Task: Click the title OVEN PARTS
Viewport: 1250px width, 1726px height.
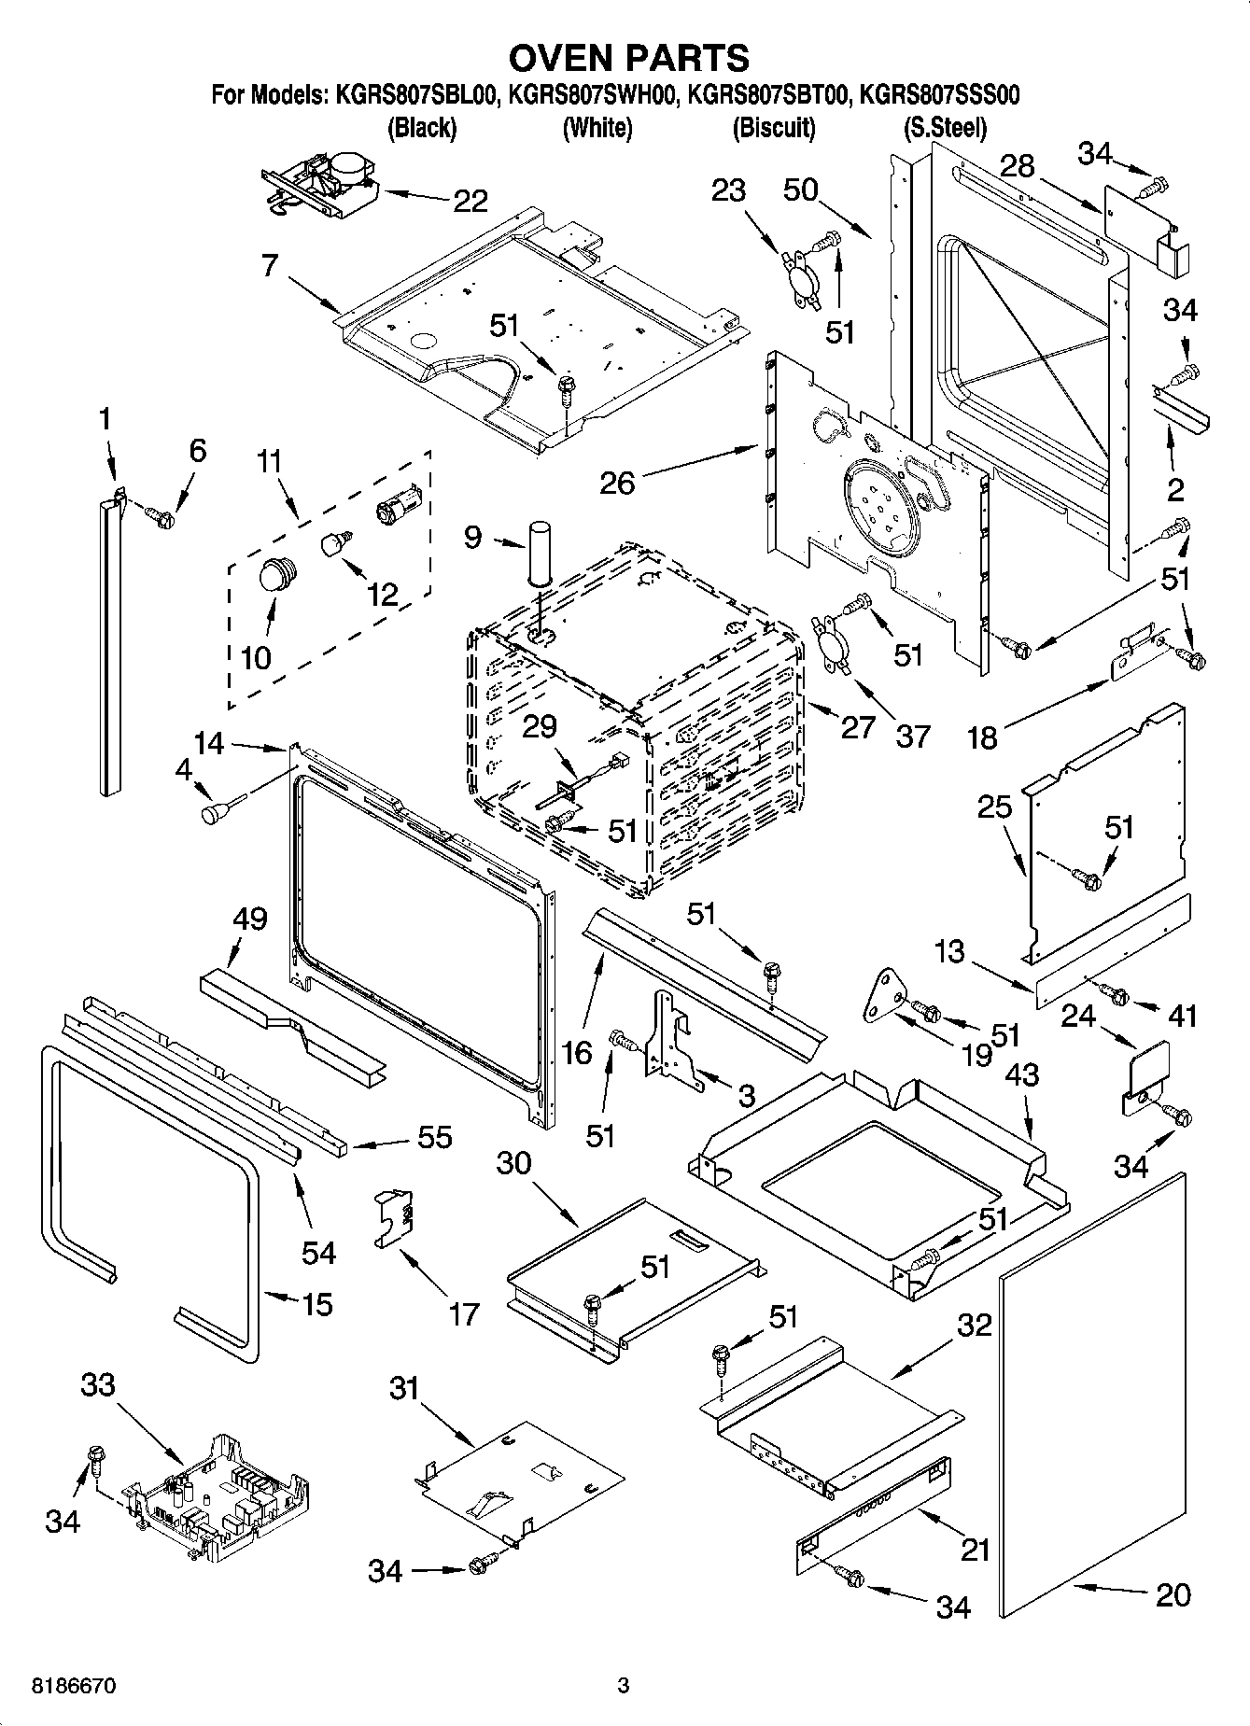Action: [628, 57]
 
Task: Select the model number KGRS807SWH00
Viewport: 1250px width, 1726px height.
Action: [597, 95]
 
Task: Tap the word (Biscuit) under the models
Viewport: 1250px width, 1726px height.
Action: [774, 128]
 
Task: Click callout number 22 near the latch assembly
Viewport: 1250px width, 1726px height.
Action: [471, 200]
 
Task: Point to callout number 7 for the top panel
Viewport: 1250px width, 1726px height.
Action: [270, 265]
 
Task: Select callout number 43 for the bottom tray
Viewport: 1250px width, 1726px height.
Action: [1021, 1074]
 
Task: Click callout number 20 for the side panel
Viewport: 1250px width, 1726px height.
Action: [1173, 1595]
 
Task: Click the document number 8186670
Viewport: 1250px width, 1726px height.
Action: [74, 1686]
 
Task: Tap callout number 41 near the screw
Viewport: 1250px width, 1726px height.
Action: [1182, 1015]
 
